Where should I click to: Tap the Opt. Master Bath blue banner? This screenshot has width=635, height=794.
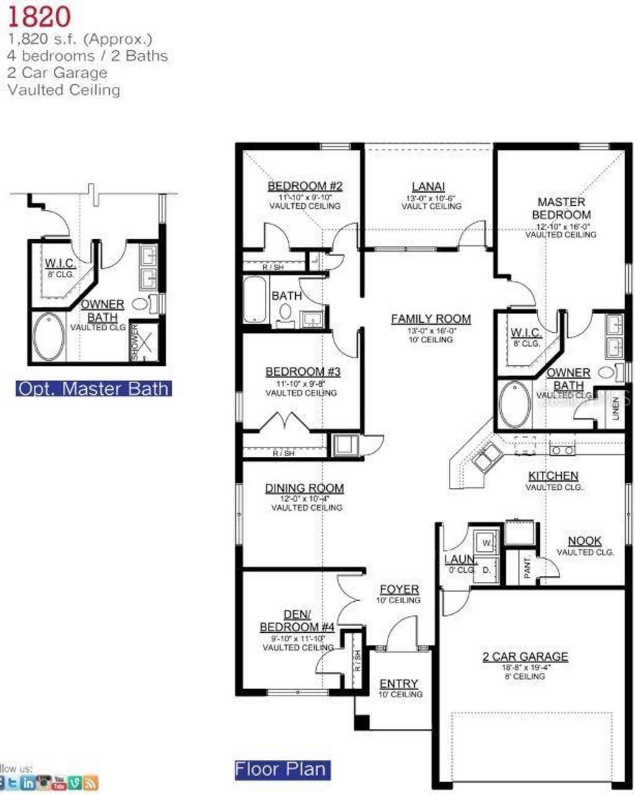tap(94, 389)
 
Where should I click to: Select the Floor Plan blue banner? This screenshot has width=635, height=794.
tap(280, 769)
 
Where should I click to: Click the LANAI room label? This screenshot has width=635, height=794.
tap(429, 187)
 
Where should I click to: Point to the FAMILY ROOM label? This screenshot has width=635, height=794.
tap(431, 319)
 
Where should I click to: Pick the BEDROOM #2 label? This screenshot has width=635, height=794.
tap(305, 186)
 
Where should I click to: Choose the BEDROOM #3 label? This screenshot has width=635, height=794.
tap(303, 372)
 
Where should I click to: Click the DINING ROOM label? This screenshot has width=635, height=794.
tap(304, 488)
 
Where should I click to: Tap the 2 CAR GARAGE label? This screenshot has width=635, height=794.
tap(525, 656)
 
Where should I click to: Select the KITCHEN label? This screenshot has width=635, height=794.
tap(553, 476)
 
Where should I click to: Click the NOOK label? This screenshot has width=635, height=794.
tap(584, 540)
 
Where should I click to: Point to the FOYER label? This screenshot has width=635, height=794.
tap(399, 589)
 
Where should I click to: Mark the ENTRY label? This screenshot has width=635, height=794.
tap(399, 684)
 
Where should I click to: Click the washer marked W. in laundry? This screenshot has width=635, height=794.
tap(487, 542)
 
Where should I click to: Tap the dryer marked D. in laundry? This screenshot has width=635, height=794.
tap(487, 569)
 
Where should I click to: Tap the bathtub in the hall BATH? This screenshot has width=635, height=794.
tap(255, 300)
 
